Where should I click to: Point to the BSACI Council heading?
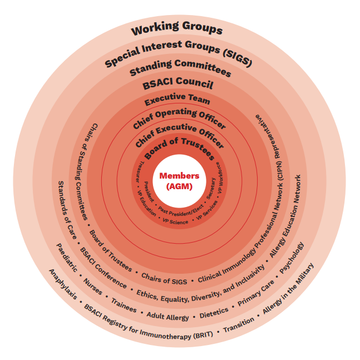pos(177,84)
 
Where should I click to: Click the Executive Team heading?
pos(177,101)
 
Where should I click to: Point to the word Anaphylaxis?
pos(62,287)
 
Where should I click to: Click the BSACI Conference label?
pos(103,267)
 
